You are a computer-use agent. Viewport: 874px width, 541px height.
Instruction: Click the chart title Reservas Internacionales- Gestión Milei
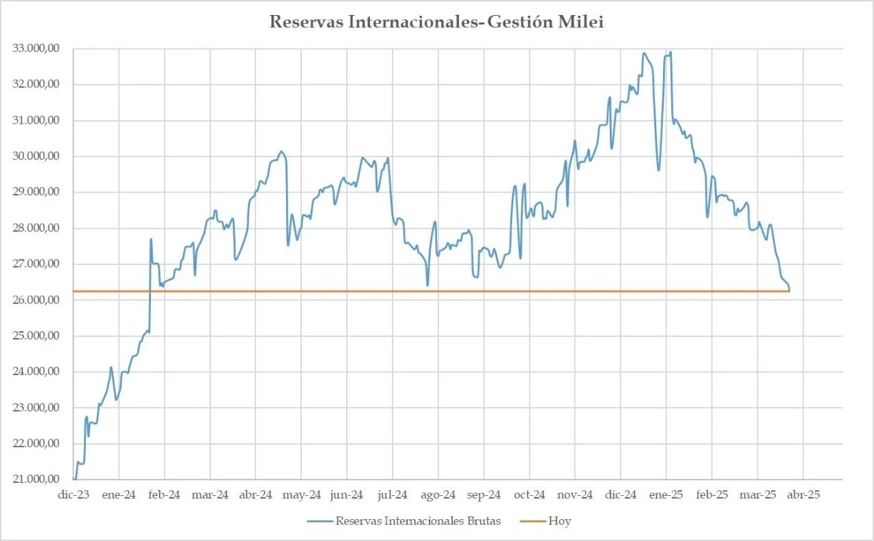pos(436,22)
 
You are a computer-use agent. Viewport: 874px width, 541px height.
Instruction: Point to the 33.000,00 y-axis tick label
pos(36,48)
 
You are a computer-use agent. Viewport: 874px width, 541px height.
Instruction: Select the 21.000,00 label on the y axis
pos(36,480)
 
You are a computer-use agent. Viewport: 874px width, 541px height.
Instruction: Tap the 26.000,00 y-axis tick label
pos(36,300)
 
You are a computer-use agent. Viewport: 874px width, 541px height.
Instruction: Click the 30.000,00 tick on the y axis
pos(36,156)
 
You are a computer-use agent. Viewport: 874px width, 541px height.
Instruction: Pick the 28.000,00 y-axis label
pos(36,228)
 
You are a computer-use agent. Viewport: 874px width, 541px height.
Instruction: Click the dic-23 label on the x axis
pos(74,495)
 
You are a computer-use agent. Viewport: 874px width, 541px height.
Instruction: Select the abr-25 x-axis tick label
pos(803,495)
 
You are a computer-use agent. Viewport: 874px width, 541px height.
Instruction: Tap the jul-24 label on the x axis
pos(393,495)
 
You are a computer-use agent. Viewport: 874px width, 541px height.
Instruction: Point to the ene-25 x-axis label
pos(666,495)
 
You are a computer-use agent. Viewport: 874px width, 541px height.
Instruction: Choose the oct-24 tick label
pos(529,495)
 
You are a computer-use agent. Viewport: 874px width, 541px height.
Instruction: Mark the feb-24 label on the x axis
pos(165,495)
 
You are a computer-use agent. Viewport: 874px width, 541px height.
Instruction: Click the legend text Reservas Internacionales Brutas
pos(418,521)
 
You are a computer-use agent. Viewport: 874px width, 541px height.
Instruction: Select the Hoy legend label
pos(559,521)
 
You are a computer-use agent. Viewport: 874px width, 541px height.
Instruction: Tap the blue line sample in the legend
pos(320,521)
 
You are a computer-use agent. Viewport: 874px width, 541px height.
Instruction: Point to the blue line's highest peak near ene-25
pos(671,52)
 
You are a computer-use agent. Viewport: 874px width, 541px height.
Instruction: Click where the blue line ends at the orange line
pos(789,291)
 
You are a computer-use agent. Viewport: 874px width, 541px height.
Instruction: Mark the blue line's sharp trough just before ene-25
pos(659,170)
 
